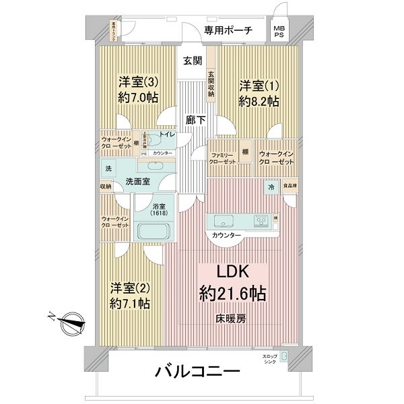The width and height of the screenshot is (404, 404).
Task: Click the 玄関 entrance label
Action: (x=192, y=61)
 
